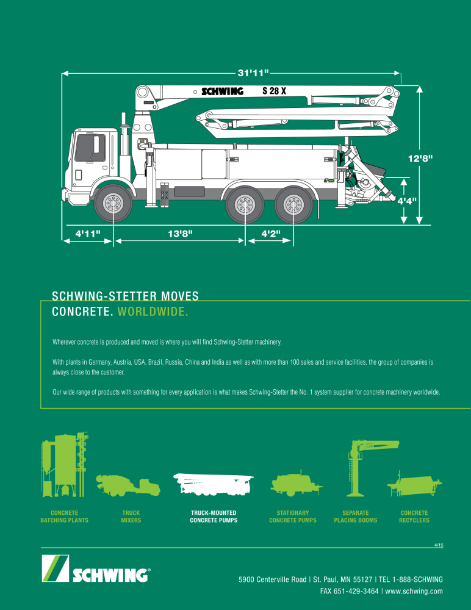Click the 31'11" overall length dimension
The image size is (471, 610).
pos(253,73)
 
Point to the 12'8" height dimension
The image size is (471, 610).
pos(420,159)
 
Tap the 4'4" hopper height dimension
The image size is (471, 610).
pos(407,201)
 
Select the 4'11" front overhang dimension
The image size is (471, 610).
pos(88,234)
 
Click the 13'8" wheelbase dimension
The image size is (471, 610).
pos(180,234)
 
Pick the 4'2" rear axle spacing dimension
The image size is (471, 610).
pos(270,234)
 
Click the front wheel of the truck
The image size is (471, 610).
pos(113,204)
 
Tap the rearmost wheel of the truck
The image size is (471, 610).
pos(293,204)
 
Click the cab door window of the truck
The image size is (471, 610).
pos(90,148)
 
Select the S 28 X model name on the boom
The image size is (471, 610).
pos(274,91)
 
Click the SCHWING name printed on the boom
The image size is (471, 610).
pos(222,91)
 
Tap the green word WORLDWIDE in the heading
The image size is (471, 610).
pos(153,312)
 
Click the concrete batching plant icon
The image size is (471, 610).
pos(64,464)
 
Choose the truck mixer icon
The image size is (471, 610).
pos(128,485)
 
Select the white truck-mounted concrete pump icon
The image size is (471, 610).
pos(214,484)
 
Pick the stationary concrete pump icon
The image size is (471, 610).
pos(297,484)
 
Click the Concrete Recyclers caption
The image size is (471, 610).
pos(414,517)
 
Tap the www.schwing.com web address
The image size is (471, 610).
pos(414,591)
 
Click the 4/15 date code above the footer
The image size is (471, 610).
pos(439,545)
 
